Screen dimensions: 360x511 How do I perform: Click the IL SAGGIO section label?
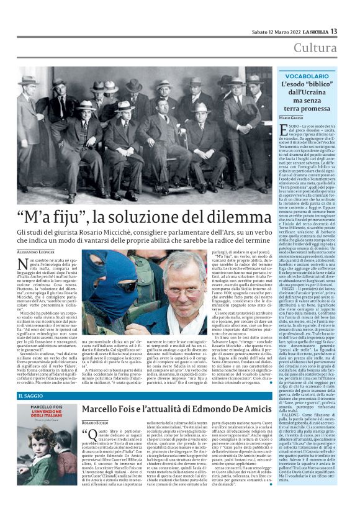tap(30, 396)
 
